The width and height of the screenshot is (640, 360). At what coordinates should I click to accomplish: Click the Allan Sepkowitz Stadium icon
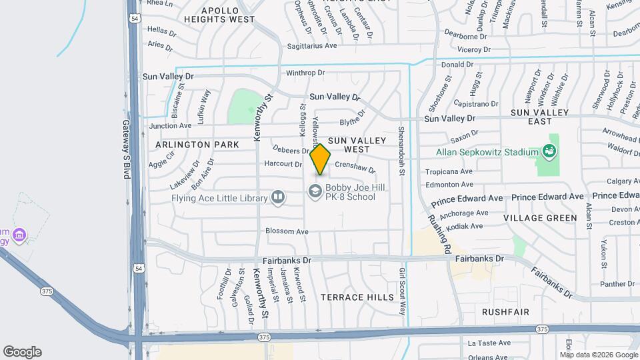551,151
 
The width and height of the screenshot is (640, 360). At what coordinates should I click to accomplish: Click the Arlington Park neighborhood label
197,145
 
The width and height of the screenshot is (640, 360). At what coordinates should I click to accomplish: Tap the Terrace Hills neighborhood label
357,297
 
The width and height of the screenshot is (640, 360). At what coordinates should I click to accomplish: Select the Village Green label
540,218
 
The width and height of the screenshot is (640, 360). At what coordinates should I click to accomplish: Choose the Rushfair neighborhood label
505,312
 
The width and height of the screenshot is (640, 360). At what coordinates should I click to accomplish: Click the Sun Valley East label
540,117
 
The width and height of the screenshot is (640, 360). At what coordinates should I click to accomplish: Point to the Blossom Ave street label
287,231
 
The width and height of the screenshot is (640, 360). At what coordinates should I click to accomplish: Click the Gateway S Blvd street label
125,149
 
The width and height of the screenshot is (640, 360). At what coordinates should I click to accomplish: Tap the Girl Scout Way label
402,291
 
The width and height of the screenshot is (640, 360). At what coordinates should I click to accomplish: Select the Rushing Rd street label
440,233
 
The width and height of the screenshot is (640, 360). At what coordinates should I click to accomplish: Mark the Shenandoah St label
401,151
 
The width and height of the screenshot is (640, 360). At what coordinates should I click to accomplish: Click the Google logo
22,352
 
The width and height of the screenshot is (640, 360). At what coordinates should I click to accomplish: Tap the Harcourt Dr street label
283,163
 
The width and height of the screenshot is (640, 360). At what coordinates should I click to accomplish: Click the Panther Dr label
617,284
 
